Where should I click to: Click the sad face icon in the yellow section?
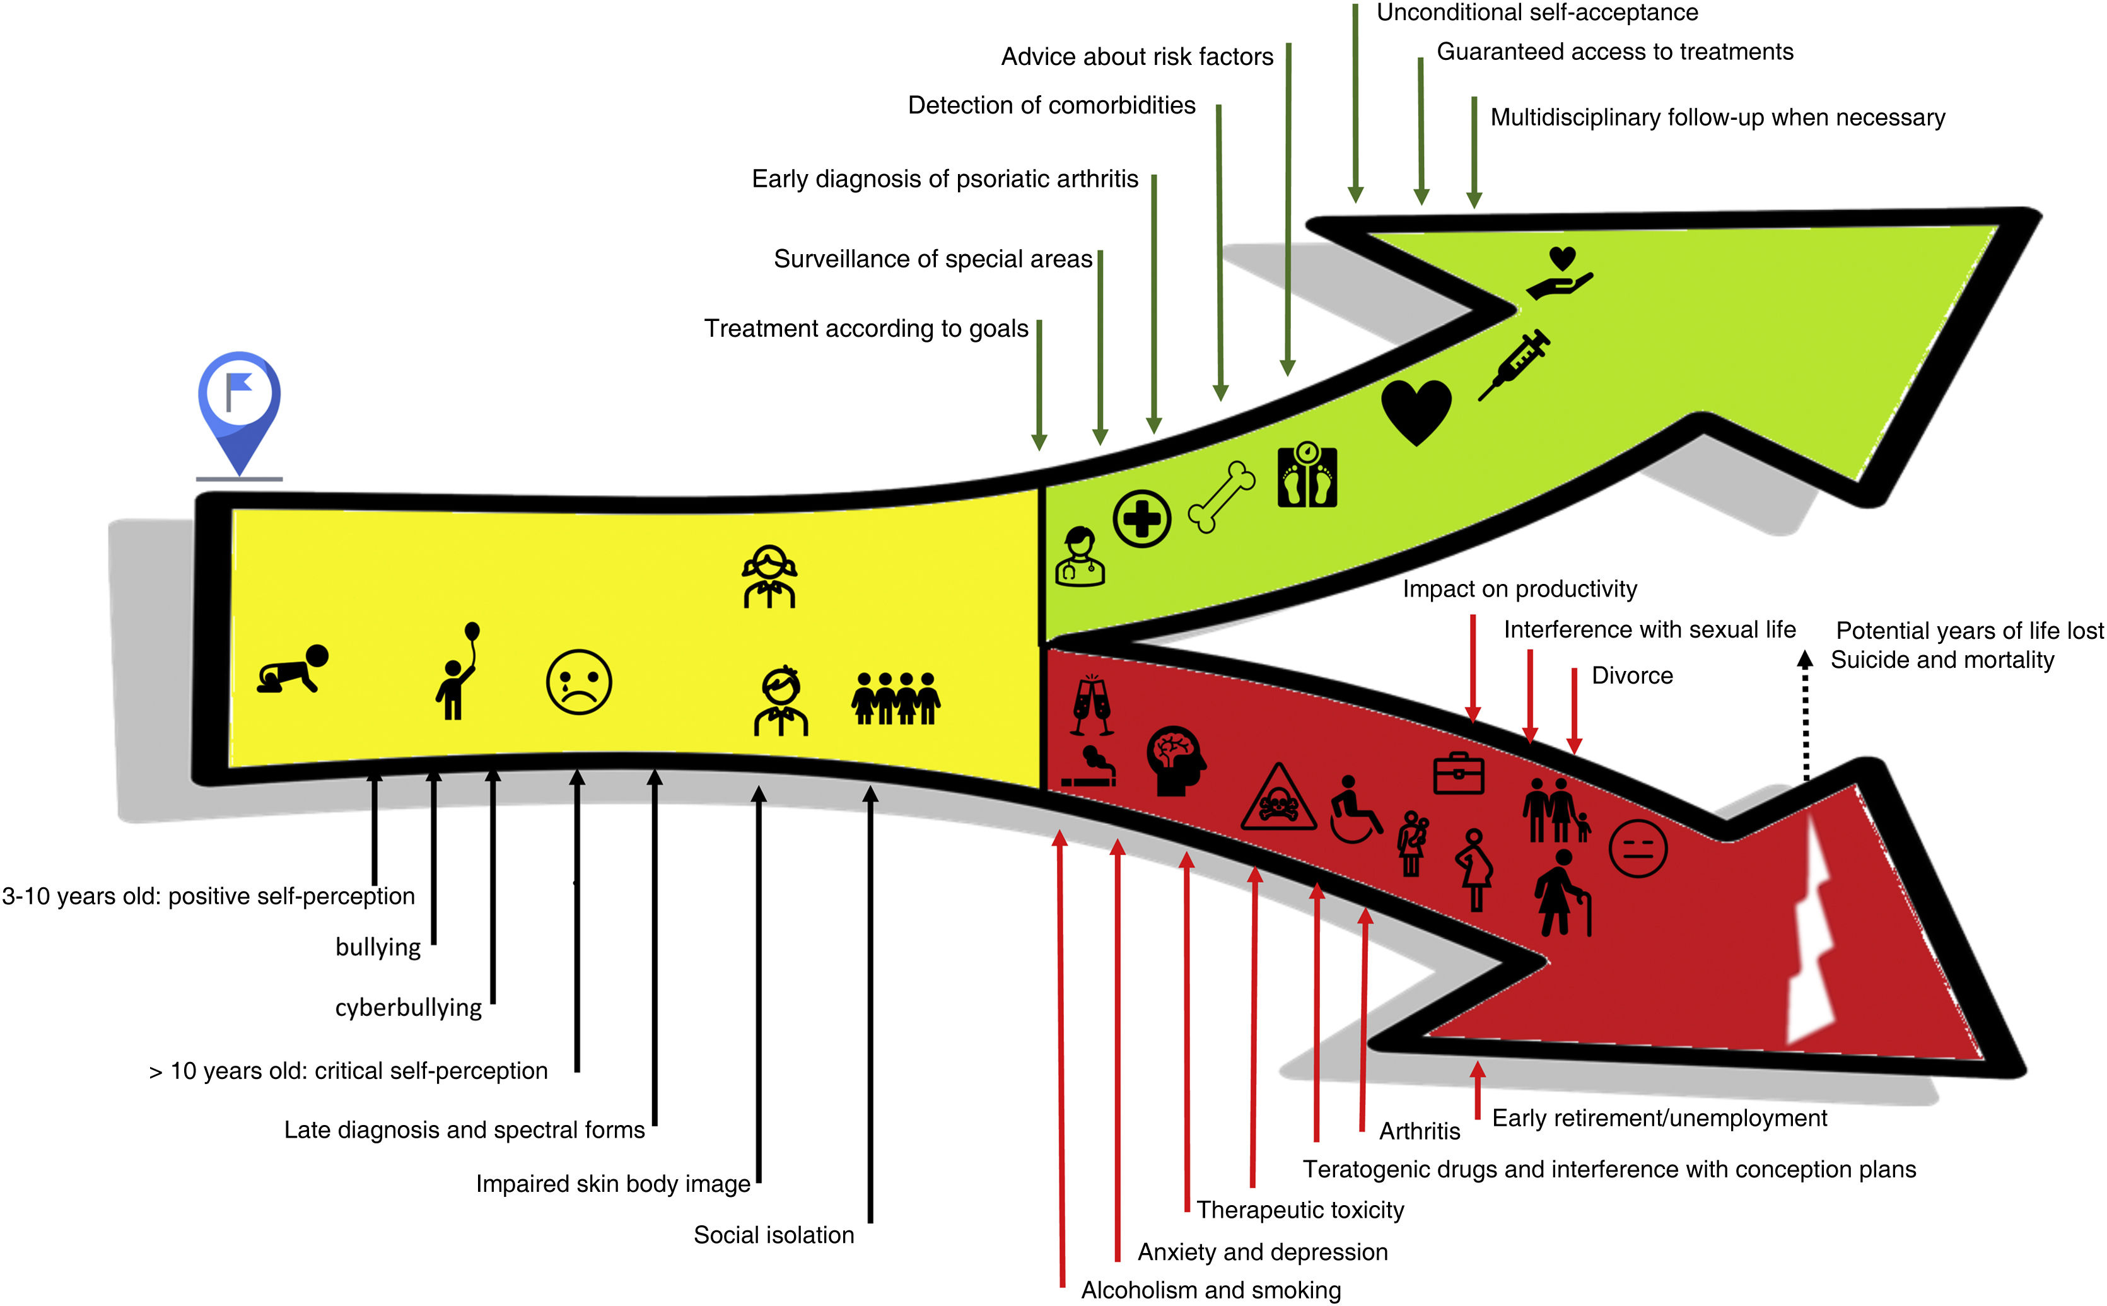pos(578,682)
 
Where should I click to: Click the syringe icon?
pos(1514,364)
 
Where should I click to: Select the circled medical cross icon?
pos(1141,519)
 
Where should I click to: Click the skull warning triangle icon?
pos(1278,799)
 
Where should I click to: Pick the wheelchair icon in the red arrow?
pos(1354,809)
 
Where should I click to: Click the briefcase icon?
pos(1459,773)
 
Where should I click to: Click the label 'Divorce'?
pos(1632,675)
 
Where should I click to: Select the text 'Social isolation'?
pos(774,1235)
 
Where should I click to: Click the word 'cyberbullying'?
pos(409,1008)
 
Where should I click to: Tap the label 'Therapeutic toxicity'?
pos(1300,1210)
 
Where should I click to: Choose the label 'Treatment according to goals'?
pos(866,329)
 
